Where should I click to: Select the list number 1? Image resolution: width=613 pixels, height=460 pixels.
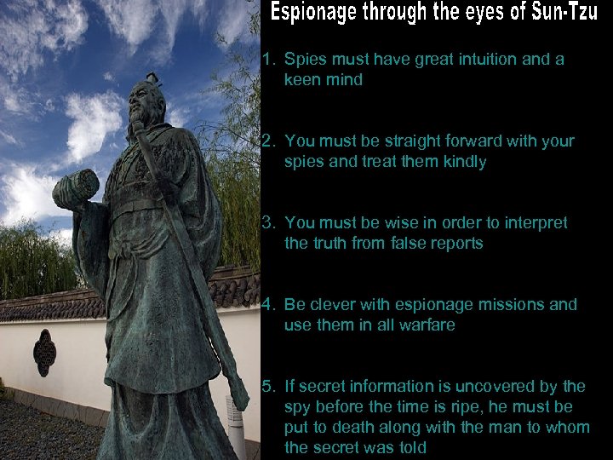pos(268,60)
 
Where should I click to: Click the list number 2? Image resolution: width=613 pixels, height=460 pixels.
pos(268,141)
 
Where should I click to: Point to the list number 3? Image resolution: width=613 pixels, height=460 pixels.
pos(268,223)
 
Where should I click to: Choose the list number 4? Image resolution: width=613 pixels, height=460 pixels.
pos(268,304)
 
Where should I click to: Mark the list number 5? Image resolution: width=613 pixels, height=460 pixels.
pos(268,386)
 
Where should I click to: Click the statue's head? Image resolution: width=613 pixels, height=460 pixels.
pos(145,99)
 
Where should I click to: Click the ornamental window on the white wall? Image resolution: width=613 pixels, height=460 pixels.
pos(44,350)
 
